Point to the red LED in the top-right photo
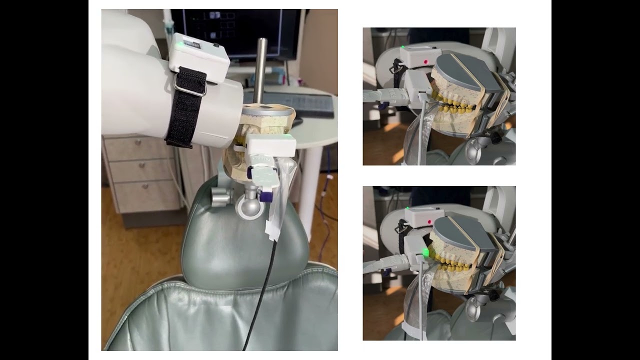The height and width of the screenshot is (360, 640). (x=425, y=62)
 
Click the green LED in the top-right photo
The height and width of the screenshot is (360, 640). (x=402, y=47)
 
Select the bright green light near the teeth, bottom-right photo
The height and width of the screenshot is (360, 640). (x=426, y=252)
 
